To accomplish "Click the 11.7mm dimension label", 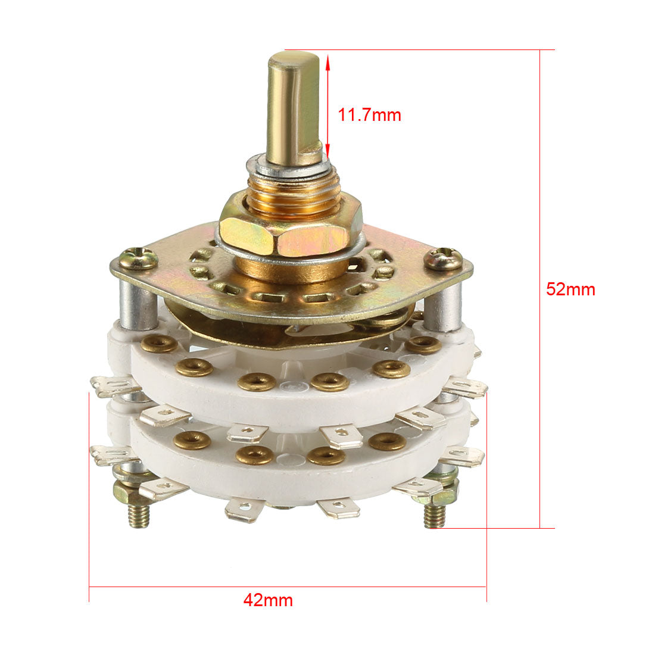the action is [369, 115].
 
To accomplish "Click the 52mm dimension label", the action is [570, 289].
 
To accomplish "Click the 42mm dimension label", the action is [268, 600].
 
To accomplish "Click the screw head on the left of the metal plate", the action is [138, 258].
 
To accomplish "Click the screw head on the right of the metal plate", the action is [444, 258].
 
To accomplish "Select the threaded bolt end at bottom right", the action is [435, 514].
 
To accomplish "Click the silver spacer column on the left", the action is [138, 304].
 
